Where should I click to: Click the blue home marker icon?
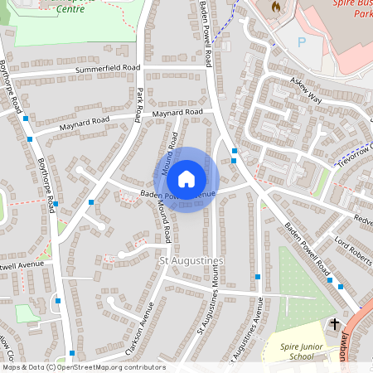(186, 179)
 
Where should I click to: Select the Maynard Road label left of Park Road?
(84, 126)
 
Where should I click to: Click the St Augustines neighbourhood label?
(191, 261)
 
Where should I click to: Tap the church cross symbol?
(335, 323)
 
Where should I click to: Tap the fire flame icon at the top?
(274, 7)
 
